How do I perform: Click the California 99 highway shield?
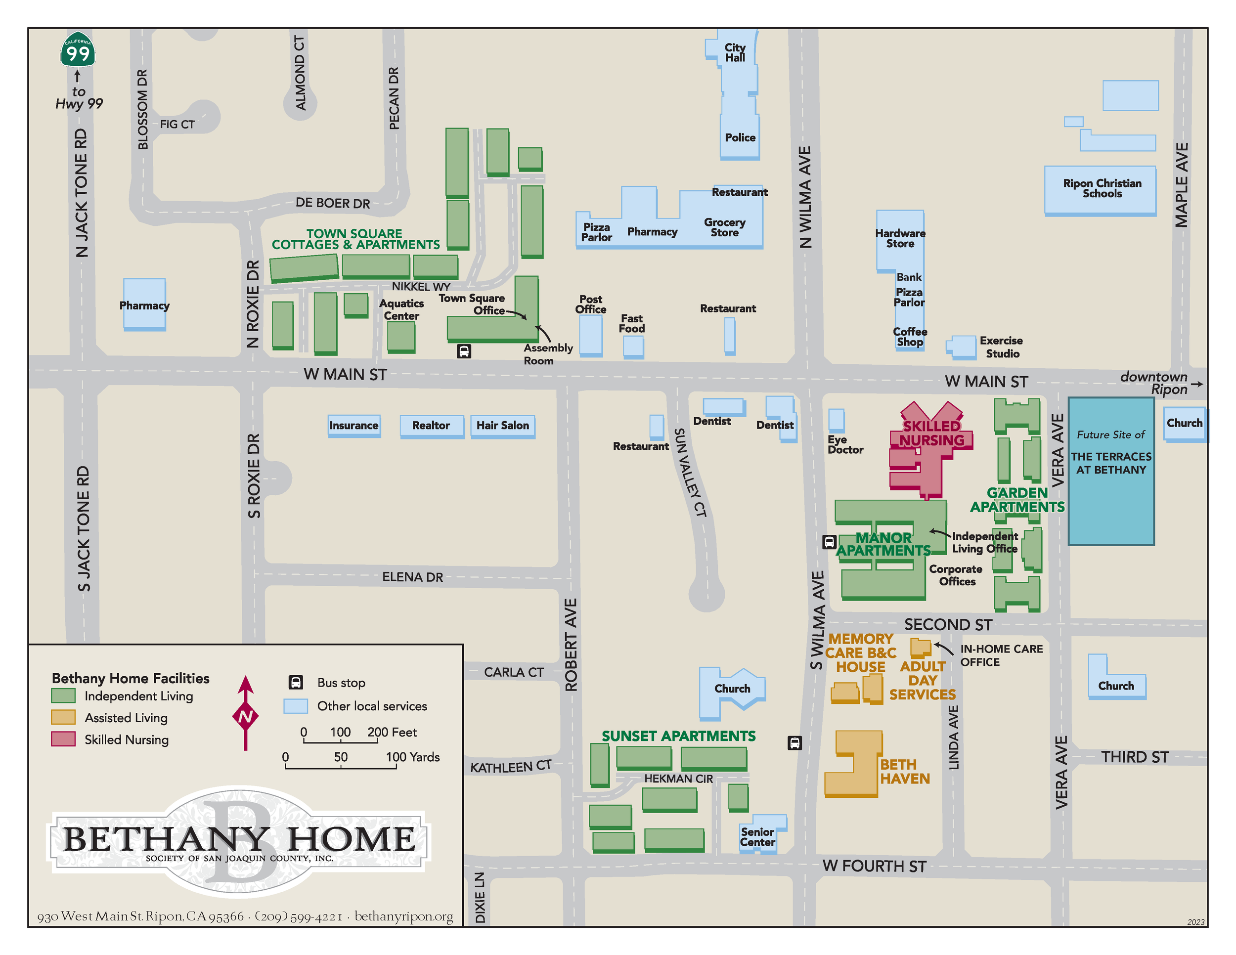coord(78,50)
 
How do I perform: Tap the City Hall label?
coord(735,52)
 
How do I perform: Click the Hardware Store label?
coord(900,238)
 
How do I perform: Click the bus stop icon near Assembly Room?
coord(464,351)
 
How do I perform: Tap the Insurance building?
coord(353,426)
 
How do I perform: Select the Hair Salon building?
coord(502,426)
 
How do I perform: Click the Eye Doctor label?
coord(844,445)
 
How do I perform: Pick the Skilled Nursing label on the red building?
coord(931,434)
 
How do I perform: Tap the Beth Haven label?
coord(904,771)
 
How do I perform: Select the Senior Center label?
coord(757,837)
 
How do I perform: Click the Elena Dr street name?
coord(412,577)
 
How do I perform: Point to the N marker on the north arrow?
coord(245,716)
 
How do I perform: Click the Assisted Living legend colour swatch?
coord(63,717)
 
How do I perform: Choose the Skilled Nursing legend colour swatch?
coord(63,739)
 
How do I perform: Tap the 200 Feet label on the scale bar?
coord(392,732)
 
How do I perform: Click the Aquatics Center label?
coord(401,309)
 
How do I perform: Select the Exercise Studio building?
coord(963,346)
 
